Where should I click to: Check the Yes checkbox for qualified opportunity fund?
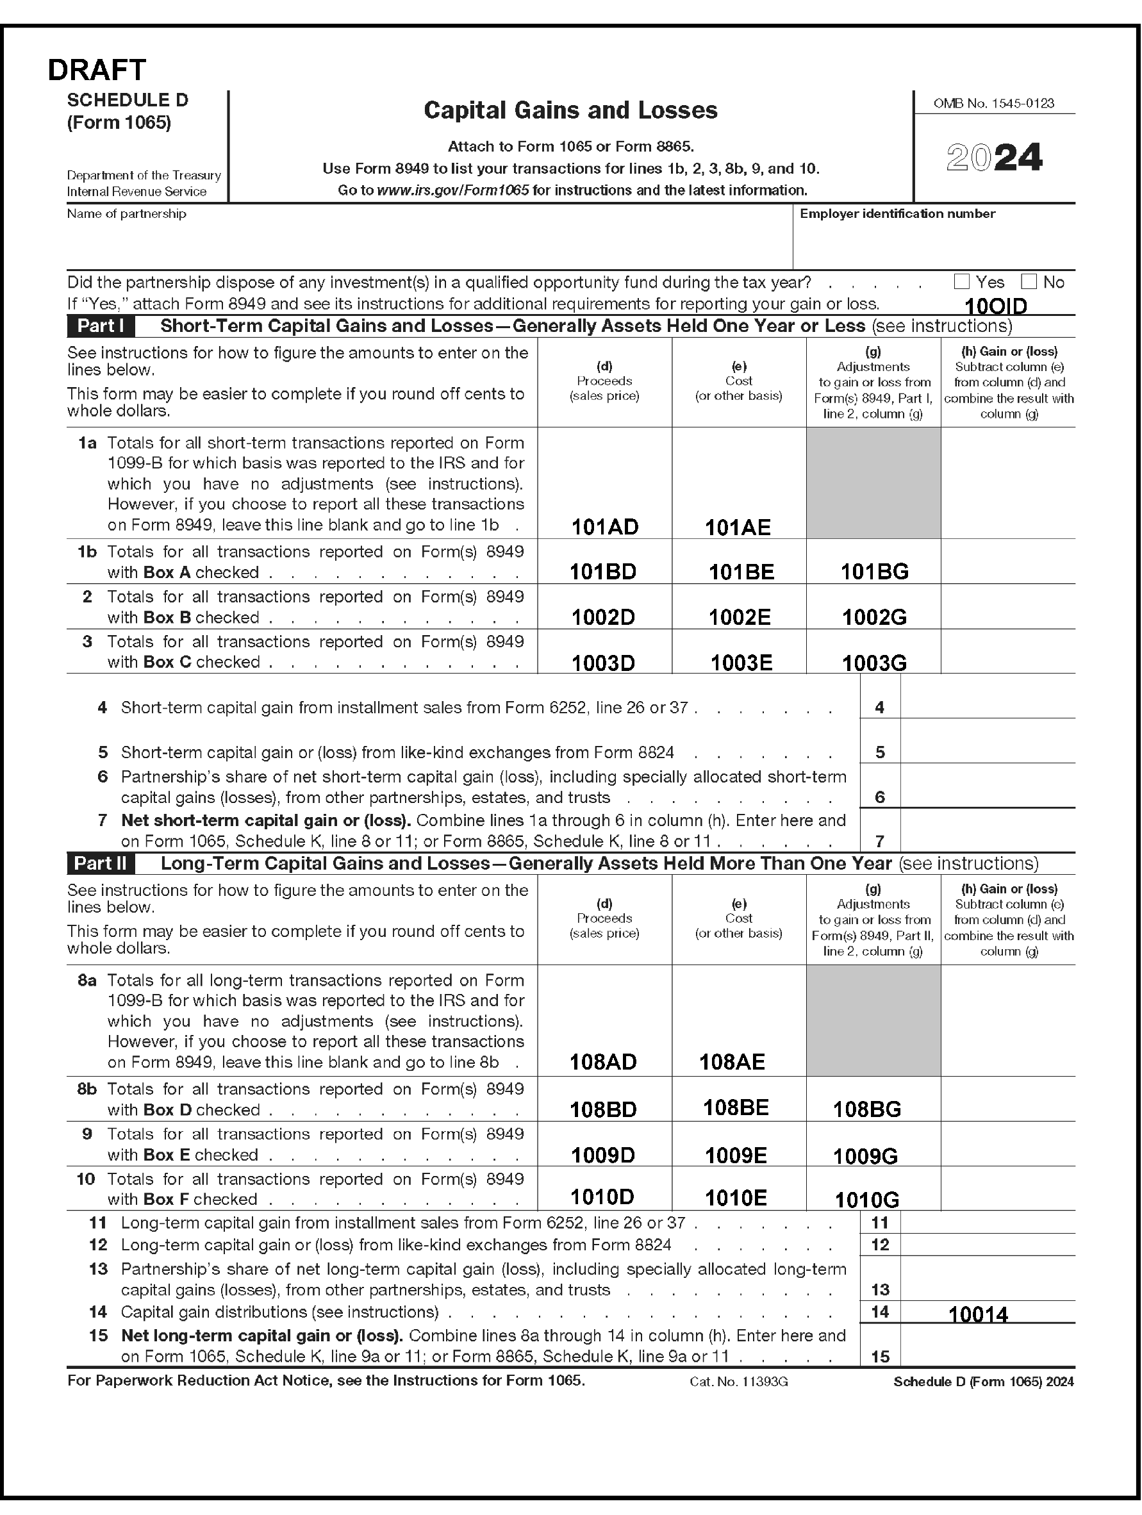point(962,281)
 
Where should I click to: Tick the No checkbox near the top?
point(1029,281)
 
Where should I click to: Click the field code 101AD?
point(604,527)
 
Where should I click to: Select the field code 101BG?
point(874,572)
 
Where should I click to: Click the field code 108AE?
point(732,1062)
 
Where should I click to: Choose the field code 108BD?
point(603,1109)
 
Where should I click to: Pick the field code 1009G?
point(865,1157)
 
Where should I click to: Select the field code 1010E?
point(736,1198)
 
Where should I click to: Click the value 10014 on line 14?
point(977,1314)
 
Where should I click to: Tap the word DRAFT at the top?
point(97,70)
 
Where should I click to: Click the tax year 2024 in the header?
point(994,158)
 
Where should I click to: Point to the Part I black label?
point(101,326)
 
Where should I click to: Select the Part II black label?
point(101,864)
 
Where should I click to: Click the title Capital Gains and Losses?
point(570,110)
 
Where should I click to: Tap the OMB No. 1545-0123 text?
point(993,103)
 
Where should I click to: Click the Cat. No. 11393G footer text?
point(738,1382)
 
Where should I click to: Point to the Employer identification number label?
point(897,213)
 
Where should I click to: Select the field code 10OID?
point(995,306)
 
